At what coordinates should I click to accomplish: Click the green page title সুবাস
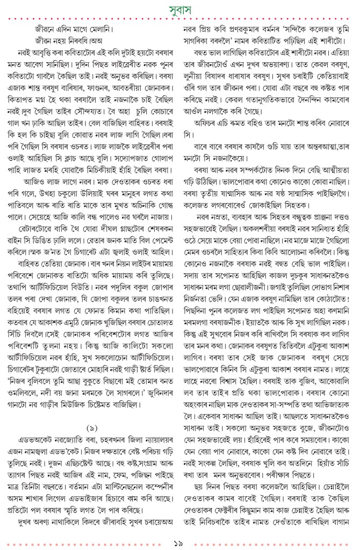click(180, 9)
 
